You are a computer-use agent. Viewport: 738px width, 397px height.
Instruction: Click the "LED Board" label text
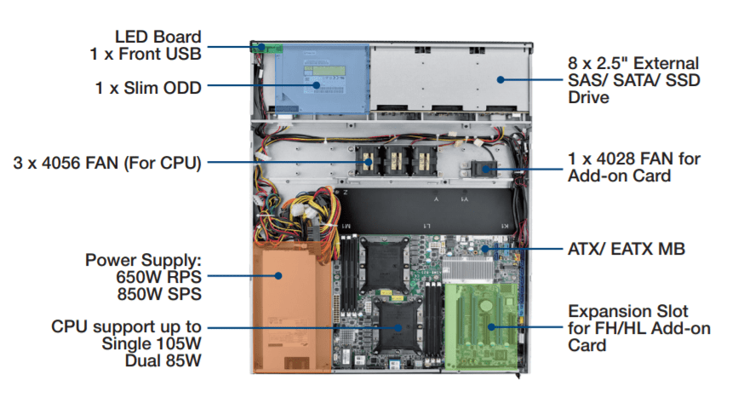[x=158, y=37]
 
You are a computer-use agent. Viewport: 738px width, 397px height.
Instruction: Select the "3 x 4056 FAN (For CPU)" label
[x=106, y=162]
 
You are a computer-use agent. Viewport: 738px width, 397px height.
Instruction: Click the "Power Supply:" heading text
[x=143, y=259]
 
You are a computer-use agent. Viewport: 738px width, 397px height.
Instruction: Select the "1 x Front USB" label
[x=146, y=54]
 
